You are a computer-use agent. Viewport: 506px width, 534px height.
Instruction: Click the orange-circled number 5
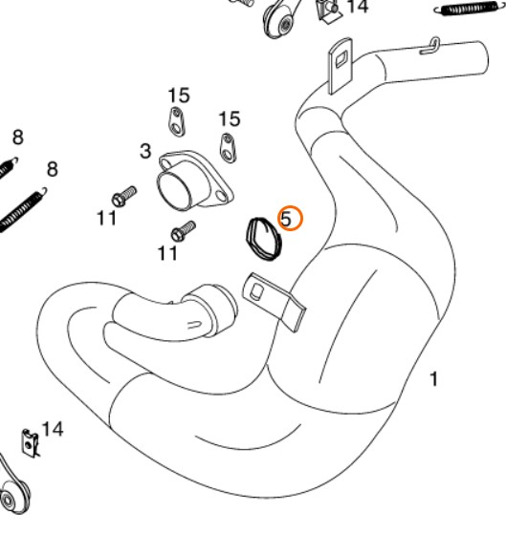pyautogui.click(x=286, y=219)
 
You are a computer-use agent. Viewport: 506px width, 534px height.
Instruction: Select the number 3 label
pyautogui.click(x=145, y=151)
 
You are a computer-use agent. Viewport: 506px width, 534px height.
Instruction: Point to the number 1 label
pyautogui.click(x=433, y=379)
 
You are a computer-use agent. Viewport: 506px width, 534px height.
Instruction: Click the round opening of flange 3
pyautogui.click(x=175, y=190)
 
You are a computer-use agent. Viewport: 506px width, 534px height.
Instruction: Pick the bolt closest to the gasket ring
pyautogui.click(x=184, y=231)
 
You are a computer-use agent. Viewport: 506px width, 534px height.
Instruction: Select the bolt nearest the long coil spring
pyautogui.click(x=124, y=197)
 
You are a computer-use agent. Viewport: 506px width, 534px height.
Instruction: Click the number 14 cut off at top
pyautogui.click(x=358, y=7)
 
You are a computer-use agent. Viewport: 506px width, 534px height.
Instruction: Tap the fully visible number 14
pyautogui.click(x=53, y=429)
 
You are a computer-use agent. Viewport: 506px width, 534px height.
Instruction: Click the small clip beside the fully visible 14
pyautogui.click(x=30, y=443)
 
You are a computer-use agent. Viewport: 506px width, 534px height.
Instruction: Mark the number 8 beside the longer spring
pyautogui.click(x=53, y=169)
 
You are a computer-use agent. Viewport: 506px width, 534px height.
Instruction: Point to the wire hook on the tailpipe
pyautogui.click(x=430, y=48)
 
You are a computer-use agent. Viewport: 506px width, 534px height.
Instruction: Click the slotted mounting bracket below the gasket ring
pyautogui.click(x=273, y=300)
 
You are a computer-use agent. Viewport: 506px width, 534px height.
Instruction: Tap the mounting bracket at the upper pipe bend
pyautogui.click(x=340, y=65)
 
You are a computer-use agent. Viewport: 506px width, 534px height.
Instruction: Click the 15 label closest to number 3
pyautogui.click(x=179, y=96)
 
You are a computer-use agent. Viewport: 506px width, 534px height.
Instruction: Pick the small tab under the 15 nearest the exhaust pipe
pyautogui.click(x=228, y=148)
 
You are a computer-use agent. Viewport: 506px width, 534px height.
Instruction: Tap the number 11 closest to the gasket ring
pyautogui.click(x=167, y=254)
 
